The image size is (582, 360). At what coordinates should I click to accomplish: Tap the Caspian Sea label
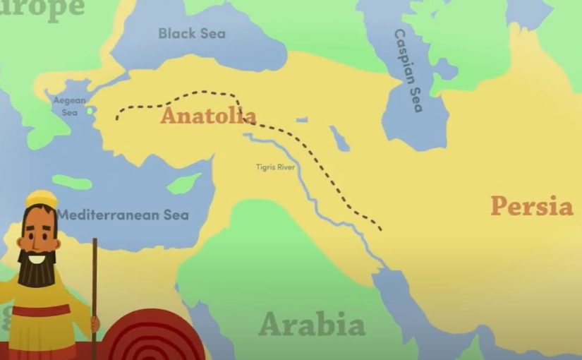409,71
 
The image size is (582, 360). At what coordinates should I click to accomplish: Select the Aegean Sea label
69,106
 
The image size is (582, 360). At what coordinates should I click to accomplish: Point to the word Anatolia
208,116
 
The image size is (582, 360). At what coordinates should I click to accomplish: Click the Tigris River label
275,167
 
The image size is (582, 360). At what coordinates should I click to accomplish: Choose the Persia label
532,206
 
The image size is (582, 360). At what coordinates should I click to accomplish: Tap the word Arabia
312,325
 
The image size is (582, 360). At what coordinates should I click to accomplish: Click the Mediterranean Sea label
123,214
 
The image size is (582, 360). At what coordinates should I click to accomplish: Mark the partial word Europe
42,7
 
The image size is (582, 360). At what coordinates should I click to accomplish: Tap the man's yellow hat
41,199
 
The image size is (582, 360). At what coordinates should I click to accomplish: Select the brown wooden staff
94,296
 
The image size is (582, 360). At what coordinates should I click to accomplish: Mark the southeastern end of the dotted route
381,229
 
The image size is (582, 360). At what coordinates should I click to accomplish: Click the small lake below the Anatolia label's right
339,139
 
